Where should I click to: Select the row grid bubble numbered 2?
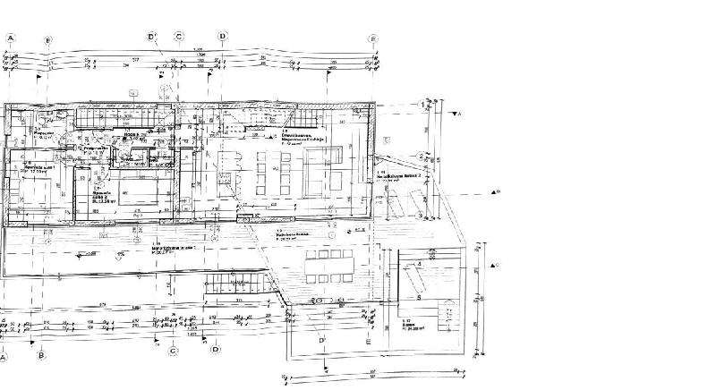point(421,157)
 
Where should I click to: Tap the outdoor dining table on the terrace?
point(330,266)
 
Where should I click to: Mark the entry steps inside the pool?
point(413,265)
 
